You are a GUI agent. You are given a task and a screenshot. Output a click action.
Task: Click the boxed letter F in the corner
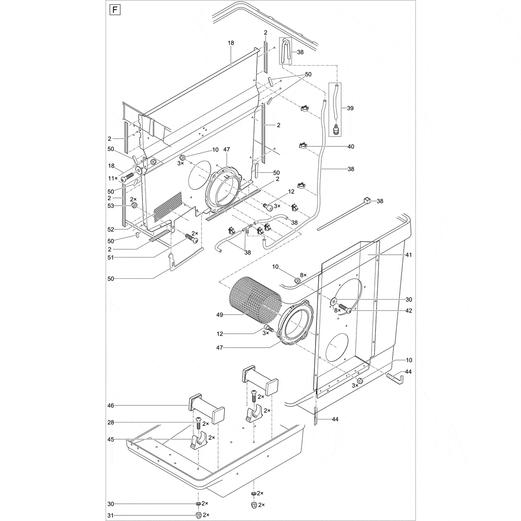(114, 10)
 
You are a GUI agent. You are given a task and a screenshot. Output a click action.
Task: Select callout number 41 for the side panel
(409, 255)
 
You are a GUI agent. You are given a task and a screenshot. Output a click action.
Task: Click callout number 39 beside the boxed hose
(350, 108)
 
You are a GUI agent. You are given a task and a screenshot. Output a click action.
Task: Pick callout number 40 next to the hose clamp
(350, 147)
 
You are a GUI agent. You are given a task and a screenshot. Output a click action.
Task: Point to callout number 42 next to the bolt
(409, 311)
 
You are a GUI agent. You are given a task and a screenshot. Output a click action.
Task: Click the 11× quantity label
(112, 178)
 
